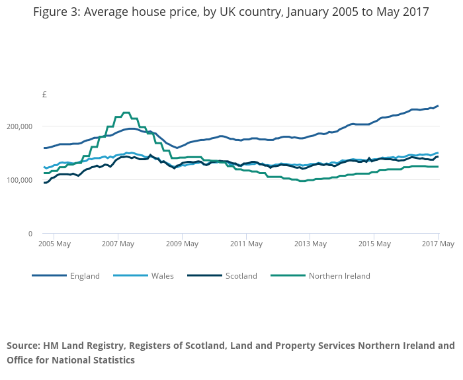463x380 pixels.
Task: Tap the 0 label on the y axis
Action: pyautogui.click(x=30, y=234)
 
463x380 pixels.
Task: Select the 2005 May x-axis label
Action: pyautogui.click(x=56, y=244)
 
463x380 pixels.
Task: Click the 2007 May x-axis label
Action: pyautogui.click(x=118, y=244)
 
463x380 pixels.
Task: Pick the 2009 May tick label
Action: pyautogui.click(x=182, y=244)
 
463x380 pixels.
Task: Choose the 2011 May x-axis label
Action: pyautogui.click(x=245, y=244)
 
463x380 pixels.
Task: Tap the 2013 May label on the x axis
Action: pyautogui.click(x=310, y=244)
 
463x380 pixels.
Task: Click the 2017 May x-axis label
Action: pyautogui.click(x=437, y=244)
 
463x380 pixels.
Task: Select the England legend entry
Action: pyautogui.click(x=85, y=276)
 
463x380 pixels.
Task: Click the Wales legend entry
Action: pyautogui.click(x=162, y=276)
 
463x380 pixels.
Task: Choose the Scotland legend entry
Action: pyautogui.click(x=241, y=276)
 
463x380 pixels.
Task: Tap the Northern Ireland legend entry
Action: pyautogui.click(x=339, y=276)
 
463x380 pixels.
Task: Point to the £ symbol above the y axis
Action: pyautogui.click(x=44, y=95)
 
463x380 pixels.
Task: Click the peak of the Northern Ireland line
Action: pyautogui.click(x=126, y=113)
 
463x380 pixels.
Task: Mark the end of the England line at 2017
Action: pyautogui.click(x=438, y=106)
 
